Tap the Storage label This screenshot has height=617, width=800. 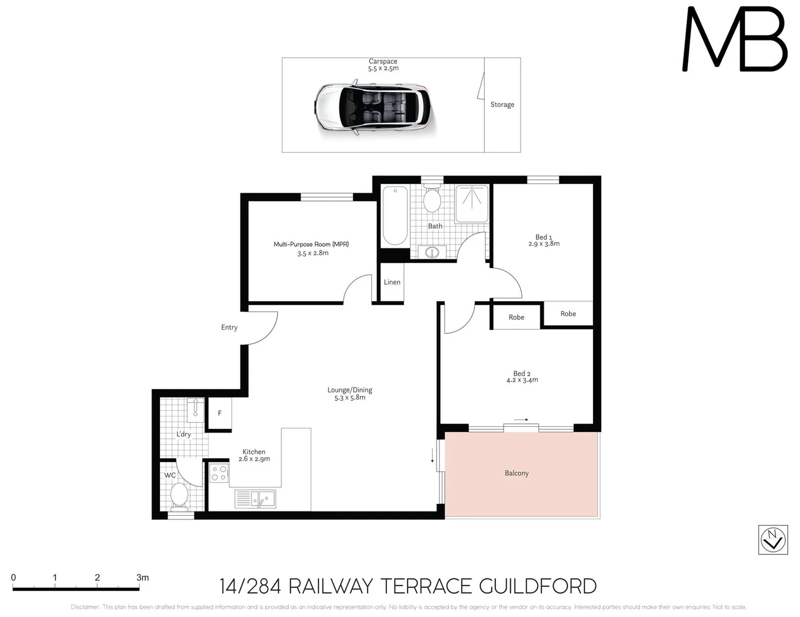point(502,105)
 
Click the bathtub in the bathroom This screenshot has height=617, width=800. point(395,215)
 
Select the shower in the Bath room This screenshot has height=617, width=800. point(472,204)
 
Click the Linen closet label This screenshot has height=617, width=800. point(392,282)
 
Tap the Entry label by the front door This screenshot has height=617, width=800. point(229,327)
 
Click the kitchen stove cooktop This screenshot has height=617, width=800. point(219,473)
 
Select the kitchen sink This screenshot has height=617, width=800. point(255,499)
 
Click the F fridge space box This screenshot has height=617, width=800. point(219,414)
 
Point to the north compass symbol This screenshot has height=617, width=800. point(773,539)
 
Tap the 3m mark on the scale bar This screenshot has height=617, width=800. point(142,578)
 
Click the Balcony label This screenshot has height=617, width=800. point(517,473)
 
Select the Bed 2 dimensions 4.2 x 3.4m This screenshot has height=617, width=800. point(522,380)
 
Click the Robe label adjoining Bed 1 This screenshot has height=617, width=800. point(568,314)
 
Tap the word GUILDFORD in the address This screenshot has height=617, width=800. point(537,586)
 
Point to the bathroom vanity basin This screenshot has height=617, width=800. point(432,252)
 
